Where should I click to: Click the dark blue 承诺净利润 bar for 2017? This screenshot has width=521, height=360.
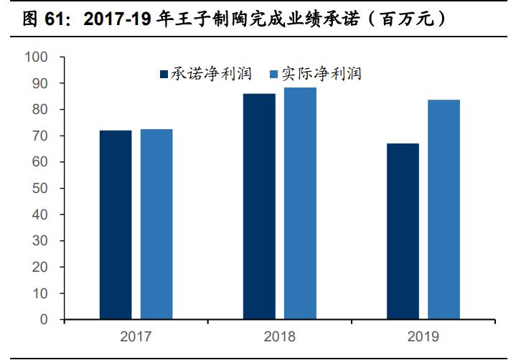[116, 224]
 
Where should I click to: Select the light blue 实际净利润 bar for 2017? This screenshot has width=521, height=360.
[156, 224]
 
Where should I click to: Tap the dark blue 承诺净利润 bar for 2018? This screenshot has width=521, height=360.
[259, 207]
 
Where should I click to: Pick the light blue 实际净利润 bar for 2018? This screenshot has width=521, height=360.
[300, 203]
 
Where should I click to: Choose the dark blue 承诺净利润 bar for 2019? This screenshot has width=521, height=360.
[403, 231]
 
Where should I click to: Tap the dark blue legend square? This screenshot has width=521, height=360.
[164, 74]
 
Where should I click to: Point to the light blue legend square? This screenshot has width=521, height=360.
[273, 74]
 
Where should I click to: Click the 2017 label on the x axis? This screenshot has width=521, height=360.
[136, 336]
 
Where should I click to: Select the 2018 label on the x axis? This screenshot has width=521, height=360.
[280, 336]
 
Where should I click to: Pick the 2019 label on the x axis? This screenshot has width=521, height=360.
[423, 336]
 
